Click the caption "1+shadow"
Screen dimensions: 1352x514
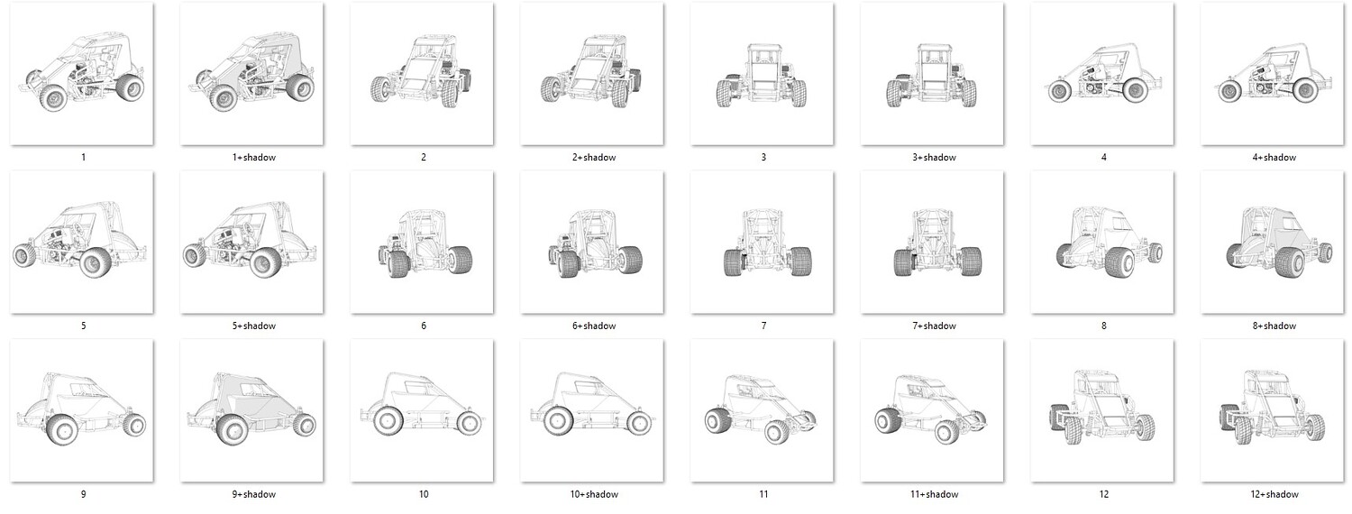click(x=253, y=158)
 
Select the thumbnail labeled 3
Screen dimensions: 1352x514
click(x=763, y=74)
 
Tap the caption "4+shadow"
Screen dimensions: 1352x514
click(x=1274, y=158)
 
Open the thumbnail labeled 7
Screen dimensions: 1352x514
click(x=763, y=243)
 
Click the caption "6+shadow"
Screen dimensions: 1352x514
click(x=594, y=326)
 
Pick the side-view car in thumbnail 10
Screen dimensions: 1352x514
click(x=422, y=404)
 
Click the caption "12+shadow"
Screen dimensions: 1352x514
click(x=1274, y=495)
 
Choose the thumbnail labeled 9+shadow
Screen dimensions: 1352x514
click(x=251, y=410)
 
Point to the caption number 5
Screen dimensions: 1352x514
click(x=83, y=326)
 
